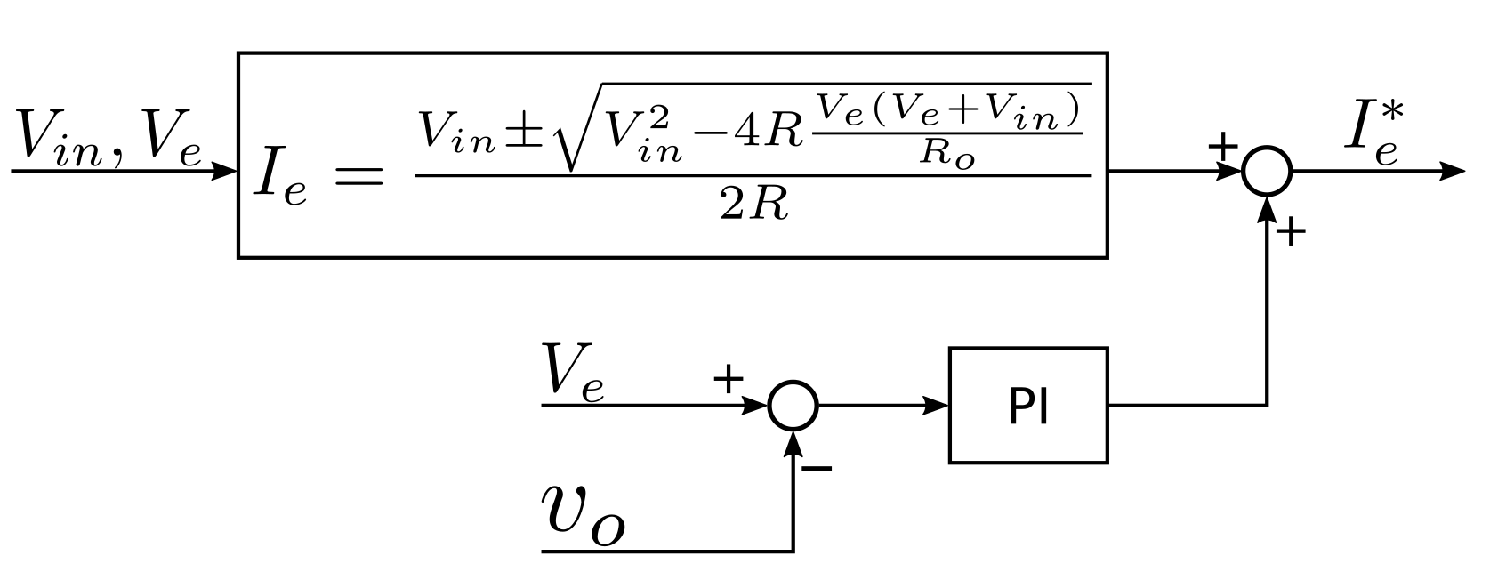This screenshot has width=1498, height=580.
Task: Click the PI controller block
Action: (1027, 406)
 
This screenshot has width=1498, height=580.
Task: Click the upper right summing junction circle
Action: (1266, 171)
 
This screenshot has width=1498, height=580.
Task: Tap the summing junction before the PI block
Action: (792, 406)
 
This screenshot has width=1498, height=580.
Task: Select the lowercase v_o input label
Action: (584, 514)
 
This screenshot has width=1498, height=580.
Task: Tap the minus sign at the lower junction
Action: (817, 468)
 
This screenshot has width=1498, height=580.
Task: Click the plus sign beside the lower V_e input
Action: (728, 380)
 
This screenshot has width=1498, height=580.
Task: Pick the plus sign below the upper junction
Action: (1291, 233)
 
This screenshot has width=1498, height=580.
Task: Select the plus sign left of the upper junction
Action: (1223, 146)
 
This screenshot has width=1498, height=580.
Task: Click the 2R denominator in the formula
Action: (753, 205)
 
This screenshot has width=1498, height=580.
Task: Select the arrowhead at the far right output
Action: (1452, 171)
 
